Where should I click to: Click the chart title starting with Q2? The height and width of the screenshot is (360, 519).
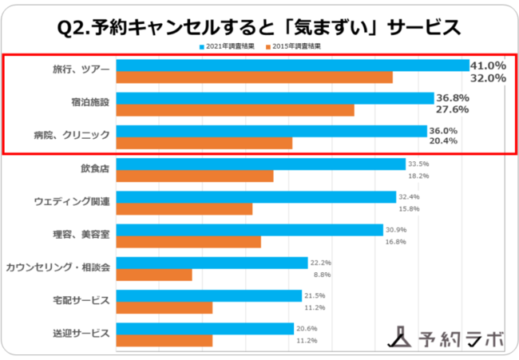[259, 27]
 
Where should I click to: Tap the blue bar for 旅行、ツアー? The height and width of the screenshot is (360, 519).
[292, 65]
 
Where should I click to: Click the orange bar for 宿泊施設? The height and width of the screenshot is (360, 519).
[235, 110]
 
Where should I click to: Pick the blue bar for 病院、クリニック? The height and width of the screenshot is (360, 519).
[271, 131]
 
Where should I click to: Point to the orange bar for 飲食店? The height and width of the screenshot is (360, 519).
[195, 176]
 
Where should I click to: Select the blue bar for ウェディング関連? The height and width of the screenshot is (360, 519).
[256, 197]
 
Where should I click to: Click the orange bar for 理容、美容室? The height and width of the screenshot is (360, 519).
[188, 242]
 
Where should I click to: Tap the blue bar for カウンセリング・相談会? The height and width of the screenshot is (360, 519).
[212, 263]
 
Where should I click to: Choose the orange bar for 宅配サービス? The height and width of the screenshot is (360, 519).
[164, 308]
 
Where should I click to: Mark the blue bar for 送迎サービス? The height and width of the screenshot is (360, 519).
[205, 328]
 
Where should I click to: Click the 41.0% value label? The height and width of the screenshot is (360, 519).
[489, 65]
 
